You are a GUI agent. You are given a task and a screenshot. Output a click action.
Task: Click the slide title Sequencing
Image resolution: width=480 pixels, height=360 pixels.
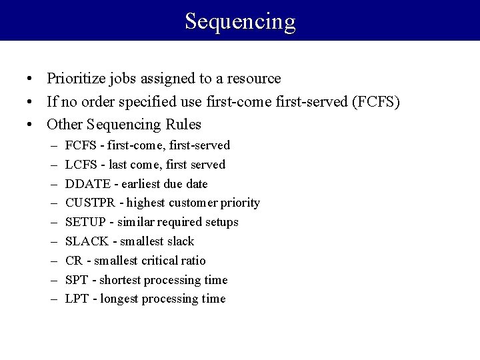coord(240,21)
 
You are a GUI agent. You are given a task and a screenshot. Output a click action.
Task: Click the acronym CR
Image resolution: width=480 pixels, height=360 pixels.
coord(74,261)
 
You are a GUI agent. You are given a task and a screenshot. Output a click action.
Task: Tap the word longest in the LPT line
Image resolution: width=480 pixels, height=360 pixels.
coord(121,299)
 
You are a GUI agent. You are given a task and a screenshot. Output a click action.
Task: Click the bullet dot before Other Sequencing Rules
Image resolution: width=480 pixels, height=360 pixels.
coord(31,125)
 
